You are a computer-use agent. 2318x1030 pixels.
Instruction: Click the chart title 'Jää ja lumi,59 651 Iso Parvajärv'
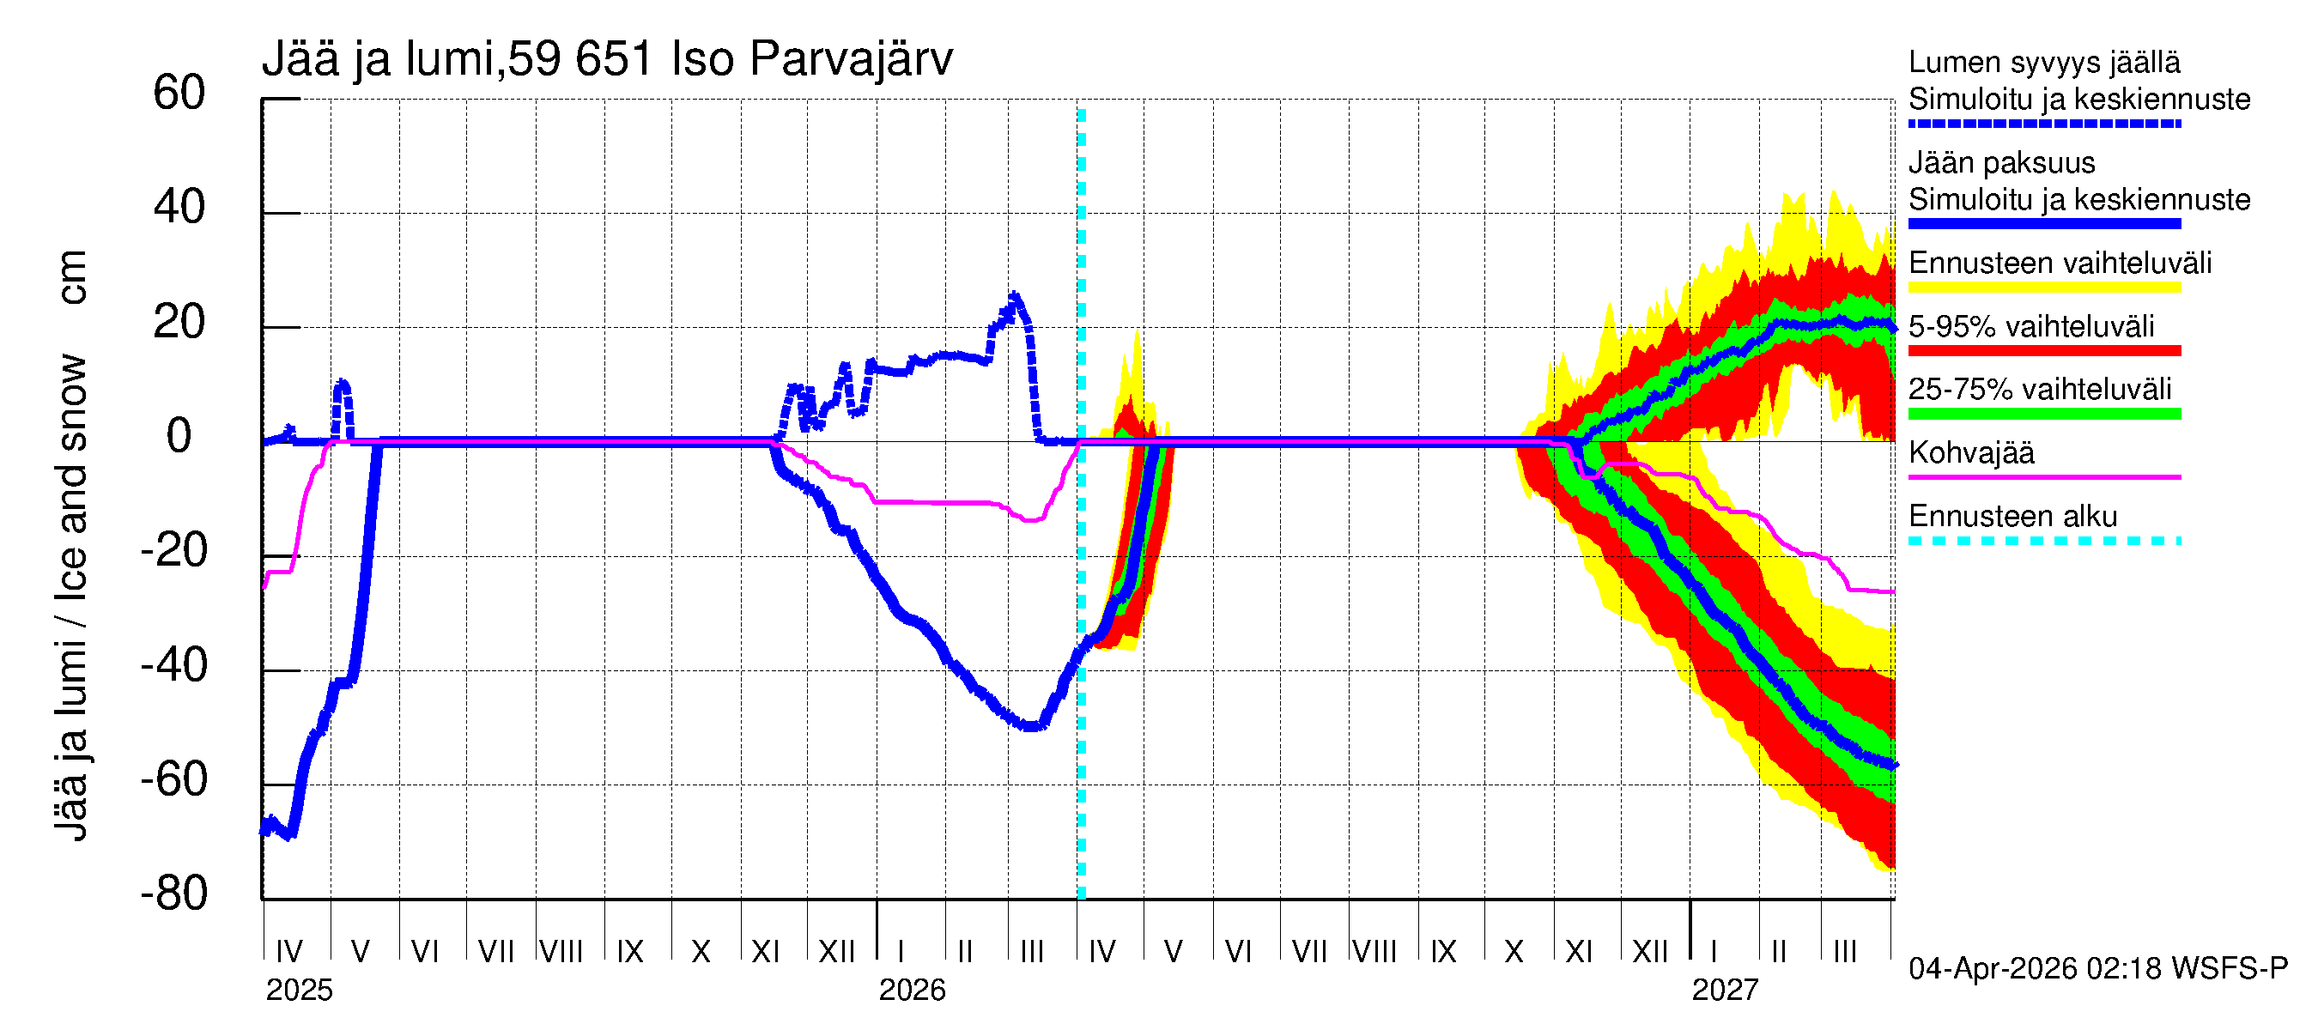606,59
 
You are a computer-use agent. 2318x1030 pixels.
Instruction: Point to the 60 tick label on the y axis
179,94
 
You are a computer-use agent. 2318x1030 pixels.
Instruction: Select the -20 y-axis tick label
173,550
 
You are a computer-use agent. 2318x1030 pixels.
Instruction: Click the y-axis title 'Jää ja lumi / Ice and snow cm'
71,545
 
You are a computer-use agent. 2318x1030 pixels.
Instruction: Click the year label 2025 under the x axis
299,991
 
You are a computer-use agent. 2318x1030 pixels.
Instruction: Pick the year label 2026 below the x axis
912,991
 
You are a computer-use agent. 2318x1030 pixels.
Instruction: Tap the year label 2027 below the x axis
1724,991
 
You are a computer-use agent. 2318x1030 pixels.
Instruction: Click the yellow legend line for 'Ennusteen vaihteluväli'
2043,288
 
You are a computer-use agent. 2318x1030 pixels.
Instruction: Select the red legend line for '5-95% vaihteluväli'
2043,351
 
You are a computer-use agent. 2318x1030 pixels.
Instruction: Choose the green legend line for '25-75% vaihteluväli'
2043,414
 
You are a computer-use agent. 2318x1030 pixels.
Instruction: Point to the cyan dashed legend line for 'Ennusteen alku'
2043,541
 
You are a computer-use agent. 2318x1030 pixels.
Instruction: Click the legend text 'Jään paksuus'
2001,164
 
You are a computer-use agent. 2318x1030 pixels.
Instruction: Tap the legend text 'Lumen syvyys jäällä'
2043,63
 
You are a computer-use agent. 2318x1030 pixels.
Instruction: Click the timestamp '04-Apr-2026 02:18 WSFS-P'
2097,969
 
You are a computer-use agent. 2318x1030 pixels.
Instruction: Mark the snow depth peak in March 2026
1015,296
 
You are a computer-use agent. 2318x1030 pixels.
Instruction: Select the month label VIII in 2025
561,952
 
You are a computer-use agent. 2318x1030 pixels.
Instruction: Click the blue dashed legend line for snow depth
2043,124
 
